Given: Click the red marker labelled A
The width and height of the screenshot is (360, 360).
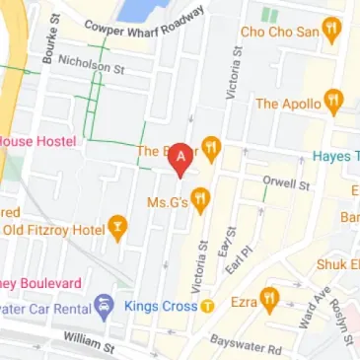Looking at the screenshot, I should pos(180,159).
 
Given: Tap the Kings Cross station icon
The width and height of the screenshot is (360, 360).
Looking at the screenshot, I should pos(208,306).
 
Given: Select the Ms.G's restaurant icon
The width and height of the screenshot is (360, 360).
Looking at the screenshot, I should pos(201,201).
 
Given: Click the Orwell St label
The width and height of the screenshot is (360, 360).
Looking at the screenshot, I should pos(286,182).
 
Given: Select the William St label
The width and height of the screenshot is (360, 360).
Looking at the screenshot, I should pos(88,342).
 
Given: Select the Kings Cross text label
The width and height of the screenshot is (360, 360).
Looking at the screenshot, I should pos(161,306).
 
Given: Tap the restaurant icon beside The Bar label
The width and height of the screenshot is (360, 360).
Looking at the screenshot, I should pos(210,151).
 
